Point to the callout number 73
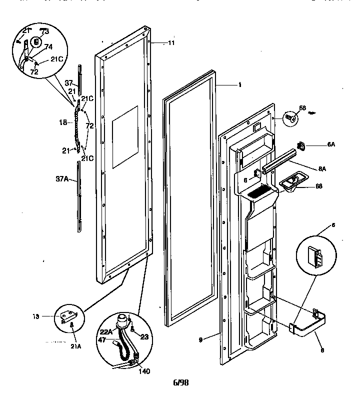click(45, 31)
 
